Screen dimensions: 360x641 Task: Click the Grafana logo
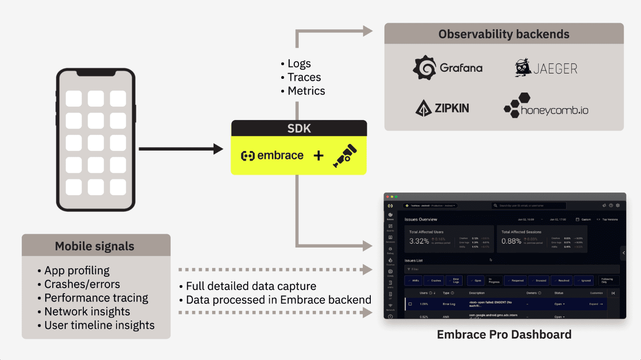point(447,68)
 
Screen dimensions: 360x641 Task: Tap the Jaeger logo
point(546,68)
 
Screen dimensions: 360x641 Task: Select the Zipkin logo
point(442,108)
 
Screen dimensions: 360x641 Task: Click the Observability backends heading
point(504,34)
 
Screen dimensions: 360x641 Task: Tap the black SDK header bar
point(299,128)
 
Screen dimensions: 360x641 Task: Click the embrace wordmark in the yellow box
point(272,155)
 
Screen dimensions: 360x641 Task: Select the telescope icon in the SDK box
point(345,155)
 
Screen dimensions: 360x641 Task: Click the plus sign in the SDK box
point(319,155)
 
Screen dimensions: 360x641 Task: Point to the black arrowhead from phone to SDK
point(218,149)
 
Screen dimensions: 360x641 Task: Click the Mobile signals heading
point(94,246)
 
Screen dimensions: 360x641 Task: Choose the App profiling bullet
point(77,271)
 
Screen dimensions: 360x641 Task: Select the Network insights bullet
point(87,312)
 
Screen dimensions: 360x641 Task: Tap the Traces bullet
point(304,77)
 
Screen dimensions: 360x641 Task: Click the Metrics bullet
point(306,91)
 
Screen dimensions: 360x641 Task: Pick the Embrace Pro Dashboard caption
point(504,334)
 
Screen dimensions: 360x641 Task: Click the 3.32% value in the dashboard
point(419,241)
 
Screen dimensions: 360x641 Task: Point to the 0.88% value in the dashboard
point(511,241)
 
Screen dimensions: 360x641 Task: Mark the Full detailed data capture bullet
point(251,286)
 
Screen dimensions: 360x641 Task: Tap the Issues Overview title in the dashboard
point(421,219)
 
